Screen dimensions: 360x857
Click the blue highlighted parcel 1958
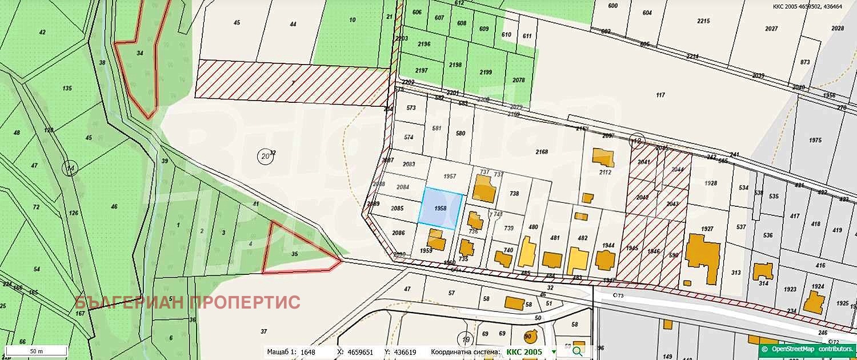coord(440,209)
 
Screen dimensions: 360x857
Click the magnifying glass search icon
coord(578,351)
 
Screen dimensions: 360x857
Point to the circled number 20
coord(265,156)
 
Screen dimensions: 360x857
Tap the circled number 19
coord(466,340)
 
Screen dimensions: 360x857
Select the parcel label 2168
coord(542,152)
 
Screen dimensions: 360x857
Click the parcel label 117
coord(661,95)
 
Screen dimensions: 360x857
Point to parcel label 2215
coord(703,21)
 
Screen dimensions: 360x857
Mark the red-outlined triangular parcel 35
coord(295,252)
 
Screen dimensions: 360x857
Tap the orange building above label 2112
coord(603,157)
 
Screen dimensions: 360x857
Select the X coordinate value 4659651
coord(360,353)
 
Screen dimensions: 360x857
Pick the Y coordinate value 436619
coord(404,353)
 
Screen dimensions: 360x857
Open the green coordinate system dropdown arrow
coord(554,352)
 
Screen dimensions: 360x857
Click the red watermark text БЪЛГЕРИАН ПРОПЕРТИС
coord(187,302)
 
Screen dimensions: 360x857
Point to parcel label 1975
coord(815,141)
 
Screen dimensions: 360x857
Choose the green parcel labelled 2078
coord(518,81)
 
